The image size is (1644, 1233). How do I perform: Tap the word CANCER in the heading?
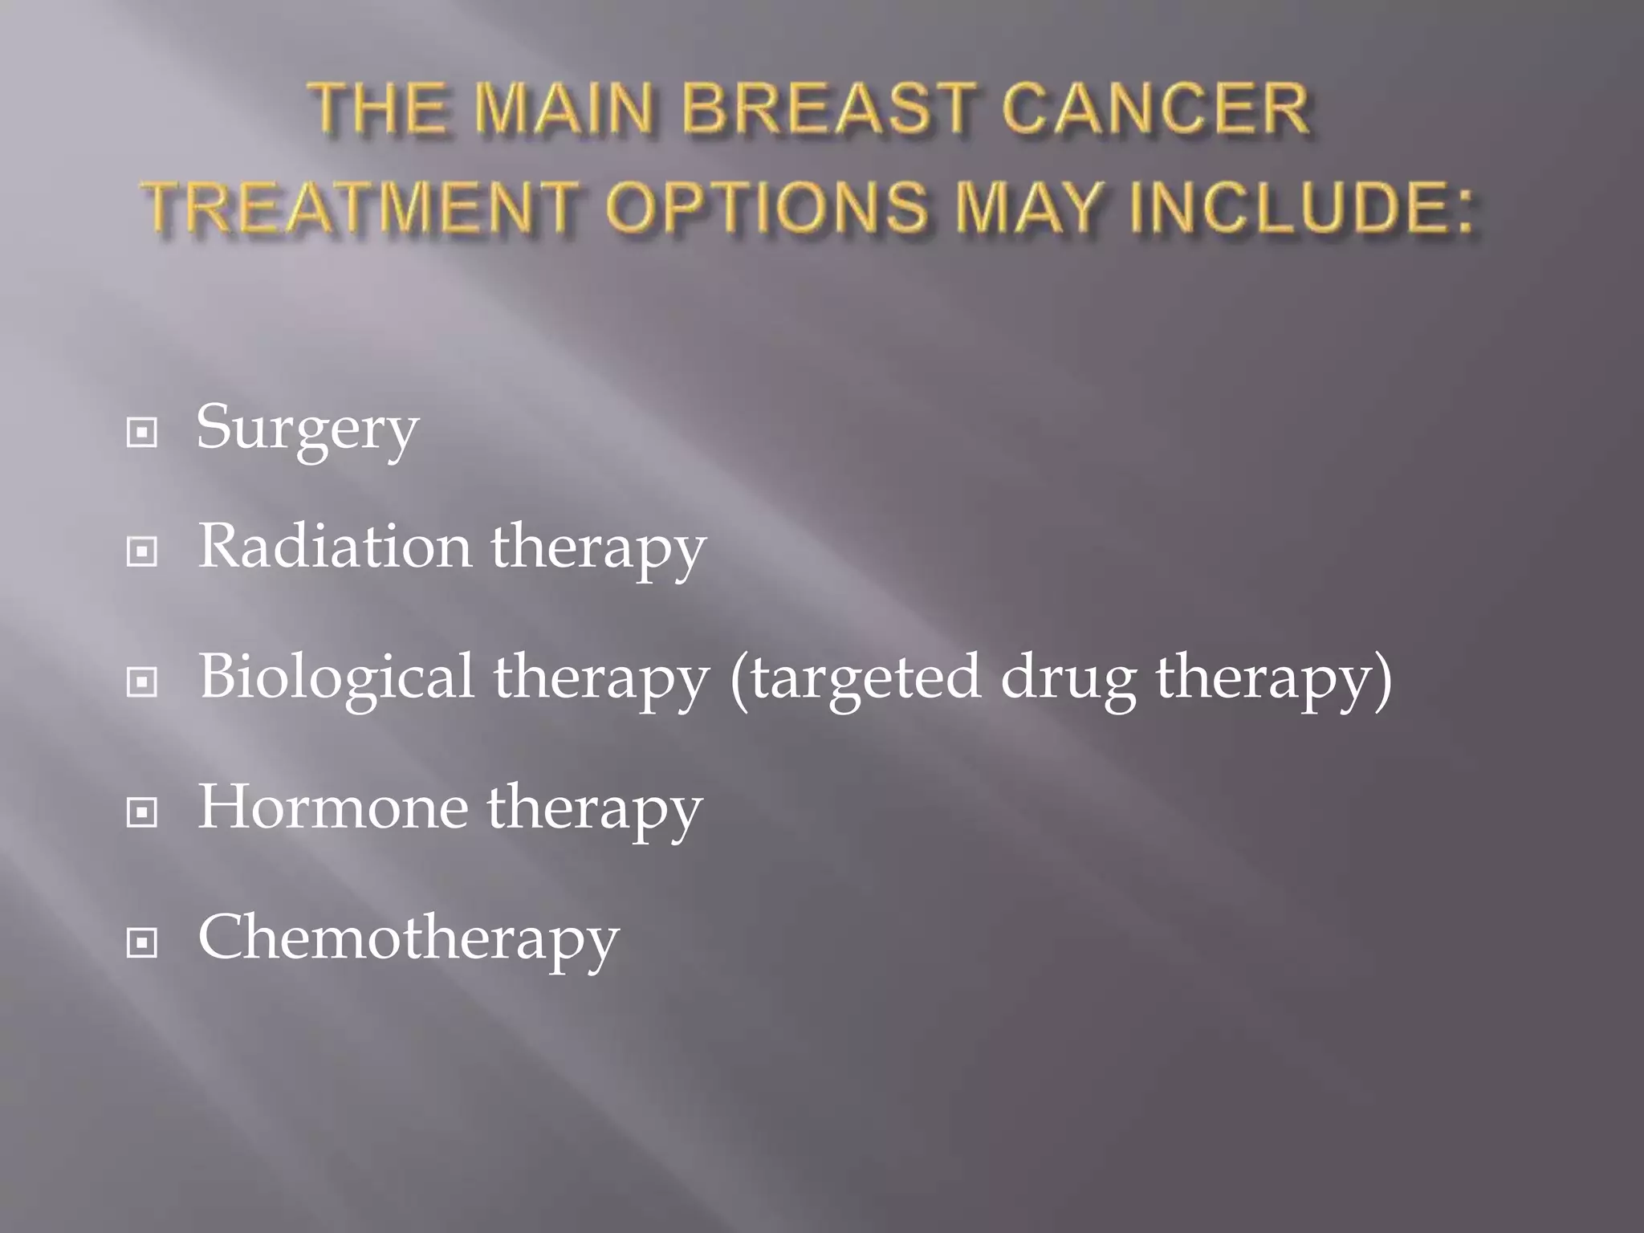[1156, 109]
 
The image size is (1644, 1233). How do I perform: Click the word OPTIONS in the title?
[767, 207]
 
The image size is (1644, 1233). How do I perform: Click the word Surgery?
[307, 429]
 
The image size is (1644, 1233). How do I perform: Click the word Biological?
[336, 676]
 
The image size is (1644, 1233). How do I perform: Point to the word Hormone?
[333, 807]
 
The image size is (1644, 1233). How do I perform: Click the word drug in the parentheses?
[1068, 678]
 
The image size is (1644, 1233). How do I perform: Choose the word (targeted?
[855, 678]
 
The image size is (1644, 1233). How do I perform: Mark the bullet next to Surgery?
[142, 433]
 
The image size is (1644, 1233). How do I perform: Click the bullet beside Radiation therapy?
[142, 551]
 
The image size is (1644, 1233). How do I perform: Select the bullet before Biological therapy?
[142, 682]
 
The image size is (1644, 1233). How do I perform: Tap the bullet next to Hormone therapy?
[142, 812]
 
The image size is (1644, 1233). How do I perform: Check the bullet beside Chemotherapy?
[142, 942]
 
